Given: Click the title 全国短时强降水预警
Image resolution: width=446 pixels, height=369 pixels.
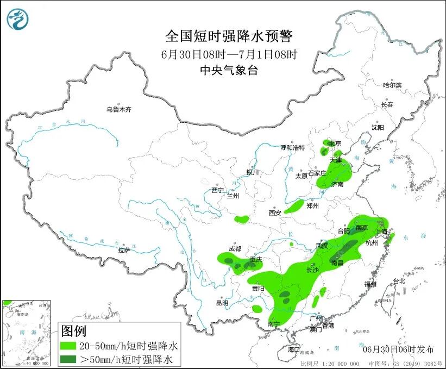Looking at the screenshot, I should pyautogui.click(x=228, y=36).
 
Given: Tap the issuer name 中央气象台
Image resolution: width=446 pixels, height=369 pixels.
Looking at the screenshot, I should pyautogui.click(x=228, y=70).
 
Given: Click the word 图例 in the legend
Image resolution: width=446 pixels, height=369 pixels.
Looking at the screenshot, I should pyautogui.click(x=73, y=330).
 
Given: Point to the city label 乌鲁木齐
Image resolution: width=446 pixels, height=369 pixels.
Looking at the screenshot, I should pyautogui.click(x=118, y=109).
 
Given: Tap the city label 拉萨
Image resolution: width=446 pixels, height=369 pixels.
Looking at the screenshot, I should pyautogui.click(x=124, y=250).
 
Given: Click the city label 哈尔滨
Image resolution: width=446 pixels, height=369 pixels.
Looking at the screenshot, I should pyautogui.click(x=392, y=85).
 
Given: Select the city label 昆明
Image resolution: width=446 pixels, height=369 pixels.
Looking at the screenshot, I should pyautogui.click(x=222, y=303).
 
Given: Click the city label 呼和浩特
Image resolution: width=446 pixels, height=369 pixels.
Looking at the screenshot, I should pyautogui.click(x=292, y=147).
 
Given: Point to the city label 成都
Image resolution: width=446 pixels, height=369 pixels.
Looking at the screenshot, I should pyautogui.click(x=235, y=248).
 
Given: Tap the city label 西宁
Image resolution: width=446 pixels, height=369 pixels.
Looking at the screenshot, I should pyautogui.click(x=217, y=190).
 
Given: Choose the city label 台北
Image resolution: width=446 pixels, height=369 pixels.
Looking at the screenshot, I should pyautogui.click(x=399, y=281).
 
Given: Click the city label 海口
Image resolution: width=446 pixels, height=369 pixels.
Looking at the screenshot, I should pyautogui.click(x=294, y=348).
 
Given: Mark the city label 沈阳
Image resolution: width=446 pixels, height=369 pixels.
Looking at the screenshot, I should pyautogui.click(x=377, y=127).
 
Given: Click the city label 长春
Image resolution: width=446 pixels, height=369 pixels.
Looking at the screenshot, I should pyautogui.click(x=387, y=104).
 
